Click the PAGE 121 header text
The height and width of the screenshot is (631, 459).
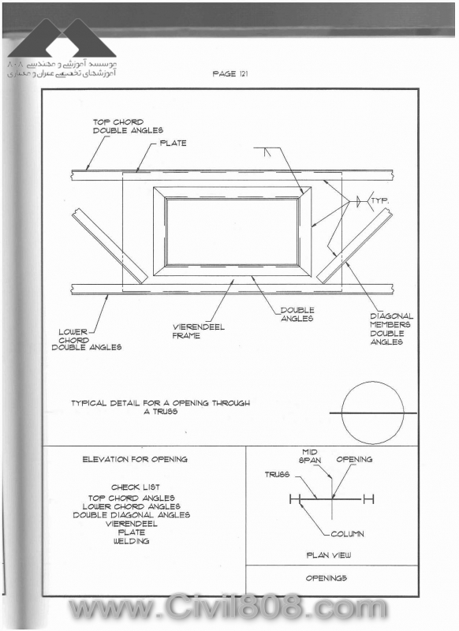pos(230,73)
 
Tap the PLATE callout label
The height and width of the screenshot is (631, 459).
pos(173,143)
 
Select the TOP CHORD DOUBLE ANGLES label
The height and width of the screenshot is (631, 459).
pos(128,126)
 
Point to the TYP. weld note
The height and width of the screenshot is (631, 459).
pos(380,200)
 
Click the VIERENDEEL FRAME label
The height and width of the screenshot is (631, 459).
pos(198,331)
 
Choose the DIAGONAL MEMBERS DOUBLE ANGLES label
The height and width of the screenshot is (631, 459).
pos(391,329)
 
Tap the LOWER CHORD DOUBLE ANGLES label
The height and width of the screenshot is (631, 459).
pos(87,340)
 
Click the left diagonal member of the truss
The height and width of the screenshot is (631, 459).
pos(110,245)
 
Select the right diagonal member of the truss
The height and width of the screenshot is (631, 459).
pos(354,247)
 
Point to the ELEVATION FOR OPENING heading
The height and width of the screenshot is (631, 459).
pos(135,459)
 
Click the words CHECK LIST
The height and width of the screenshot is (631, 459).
pos(136,487)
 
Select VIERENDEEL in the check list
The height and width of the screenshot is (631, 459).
pos(132,524)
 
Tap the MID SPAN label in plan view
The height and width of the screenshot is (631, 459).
pos(310,456)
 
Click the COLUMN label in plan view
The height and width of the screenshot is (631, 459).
pos(347,534)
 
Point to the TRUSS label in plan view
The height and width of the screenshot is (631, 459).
pos(277,475)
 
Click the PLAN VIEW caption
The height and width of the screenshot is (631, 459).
pos(329,555)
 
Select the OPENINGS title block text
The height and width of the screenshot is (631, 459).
pos(327,578)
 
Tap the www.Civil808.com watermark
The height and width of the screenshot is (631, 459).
pos(228,607)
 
